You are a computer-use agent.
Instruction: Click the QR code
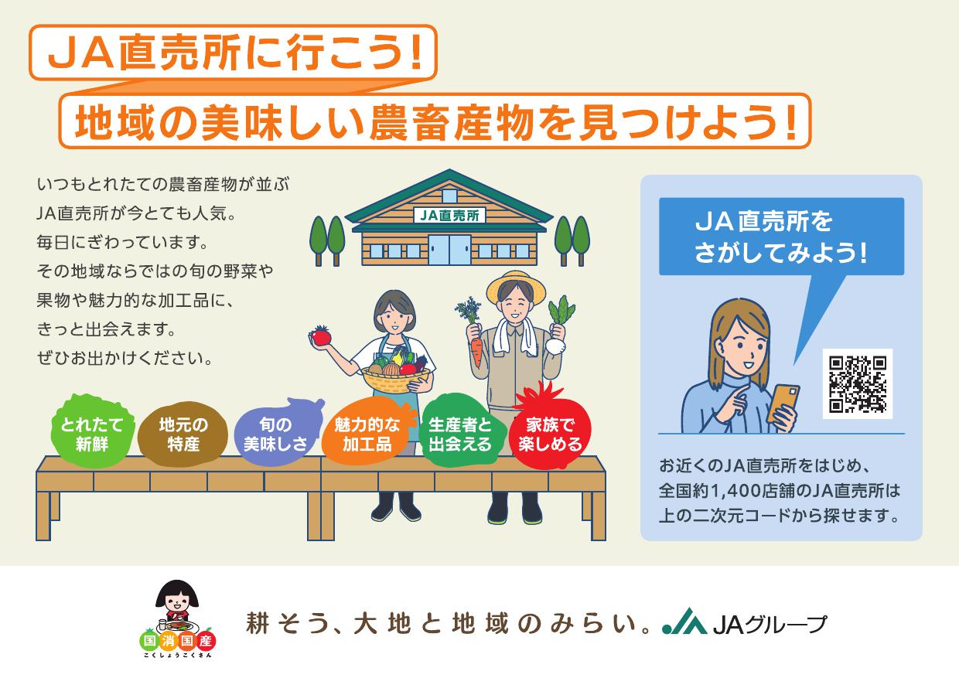coord(858,385)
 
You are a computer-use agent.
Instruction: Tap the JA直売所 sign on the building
coord(449,215)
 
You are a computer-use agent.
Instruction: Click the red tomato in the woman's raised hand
coord(321,336)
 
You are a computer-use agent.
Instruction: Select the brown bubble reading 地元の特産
coord(183,434)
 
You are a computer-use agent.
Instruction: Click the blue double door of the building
coord(449,249)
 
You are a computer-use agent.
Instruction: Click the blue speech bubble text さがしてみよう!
coord(780,253)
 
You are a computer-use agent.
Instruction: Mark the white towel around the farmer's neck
coord(514,337)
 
